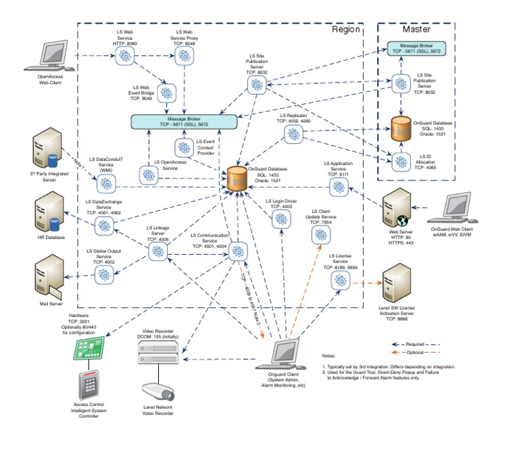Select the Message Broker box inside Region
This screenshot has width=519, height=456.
[184, 122]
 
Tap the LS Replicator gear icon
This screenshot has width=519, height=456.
[293, 134]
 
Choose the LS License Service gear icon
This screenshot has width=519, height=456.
[339, 282]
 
